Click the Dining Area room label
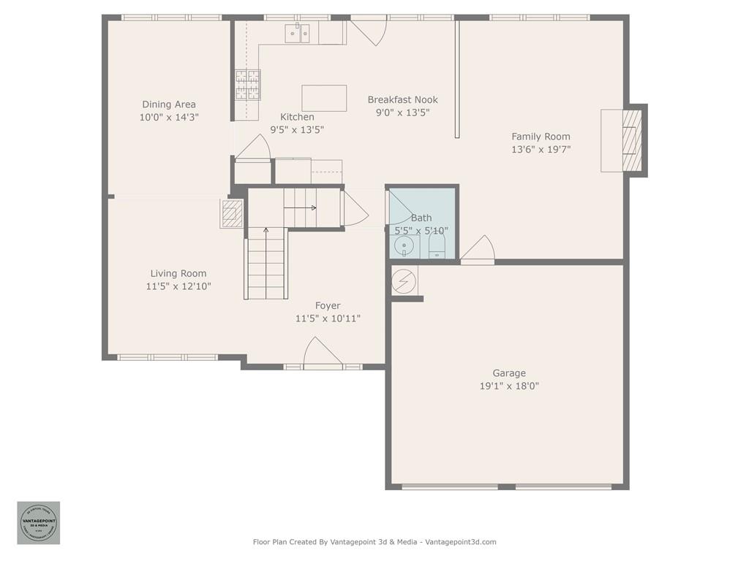click(x=169, y=104)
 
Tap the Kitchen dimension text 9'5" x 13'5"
click(x=297, y=129)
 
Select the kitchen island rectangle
click(x=324, y=98)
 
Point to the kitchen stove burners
click(x=247, y=84)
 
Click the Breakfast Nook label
click(x=402, y=100)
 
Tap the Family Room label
click(x=541, y=137)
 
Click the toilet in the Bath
click(x=437, y=245)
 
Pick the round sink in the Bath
click(x=403, y=247)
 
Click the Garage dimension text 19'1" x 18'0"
click(x=509, y=386)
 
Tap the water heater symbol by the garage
click(x=403, y=282)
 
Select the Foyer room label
click(x=328, y=305)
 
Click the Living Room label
click(x=178, y=274)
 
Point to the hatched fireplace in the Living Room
click(x=232, y=213)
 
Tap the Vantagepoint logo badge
click(x=39, y=522)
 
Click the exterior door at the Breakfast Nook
click(x=369, y=30)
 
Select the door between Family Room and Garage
click(x=478, y=251)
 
